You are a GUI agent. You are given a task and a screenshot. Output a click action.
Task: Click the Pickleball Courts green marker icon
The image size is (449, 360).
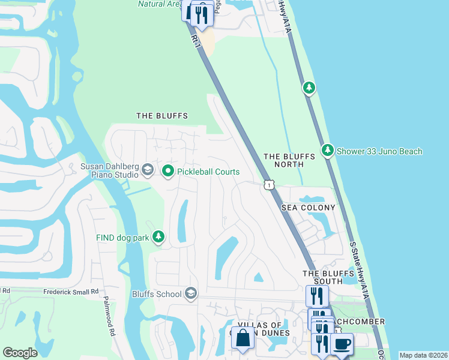click(x=168, y=172)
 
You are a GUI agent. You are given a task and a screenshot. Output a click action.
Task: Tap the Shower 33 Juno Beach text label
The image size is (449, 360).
click(x=379, y=151)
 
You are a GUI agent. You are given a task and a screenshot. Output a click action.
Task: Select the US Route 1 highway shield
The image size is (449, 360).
click(x=270, y=185)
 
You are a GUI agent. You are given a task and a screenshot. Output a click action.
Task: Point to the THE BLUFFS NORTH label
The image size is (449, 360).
click(x=290, y=160)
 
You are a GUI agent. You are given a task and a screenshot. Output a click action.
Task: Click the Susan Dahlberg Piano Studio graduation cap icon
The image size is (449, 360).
click(x=147, y=171)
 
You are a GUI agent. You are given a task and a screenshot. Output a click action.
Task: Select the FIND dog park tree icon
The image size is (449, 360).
click(x=158, y=238)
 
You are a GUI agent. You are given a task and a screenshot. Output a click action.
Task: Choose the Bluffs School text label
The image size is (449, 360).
click(x=157, y=294)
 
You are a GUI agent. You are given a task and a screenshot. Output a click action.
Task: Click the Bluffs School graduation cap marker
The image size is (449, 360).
click(x=191, y=293)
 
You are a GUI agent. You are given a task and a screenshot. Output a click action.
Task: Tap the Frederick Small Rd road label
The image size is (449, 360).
click(x=71, y=292)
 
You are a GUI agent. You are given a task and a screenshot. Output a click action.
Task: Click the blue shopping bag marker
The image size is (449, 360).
click(x=243, y=338)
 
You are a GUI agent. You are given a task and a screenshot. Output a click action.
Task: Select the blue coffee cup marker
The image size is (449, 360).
click(x=342, y=344)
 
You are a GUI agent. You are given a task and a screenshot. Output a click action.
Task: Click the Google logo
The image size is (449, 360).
click(x=20, y=353)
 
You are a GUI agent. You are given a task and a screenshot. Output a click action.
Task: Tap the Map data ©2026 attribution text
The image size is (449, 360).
click(x=423, y=355)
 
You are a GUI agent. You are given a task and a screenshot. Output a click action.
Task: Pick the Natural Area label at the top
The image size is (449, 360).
click(x=158, y=4)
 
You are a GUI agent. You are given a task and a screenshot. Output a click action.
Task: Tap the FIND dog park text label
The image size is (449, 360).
click(x=122, y=238)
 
